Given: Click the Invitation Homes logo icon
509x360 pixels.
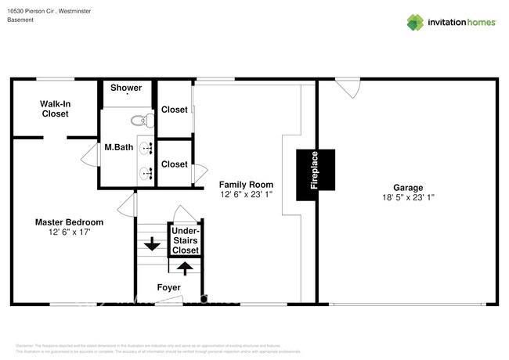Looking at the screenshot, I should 415,22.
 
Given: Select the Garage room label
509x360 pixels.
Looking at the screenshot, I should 408,188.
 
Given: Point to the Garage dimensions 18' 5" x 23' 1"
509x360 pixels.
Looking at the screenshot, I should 408,198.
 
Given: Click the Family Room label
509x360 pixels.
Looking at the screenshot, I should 246,185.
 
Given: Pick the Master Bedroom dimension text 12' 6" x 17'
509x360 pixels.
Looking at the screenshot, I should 69,232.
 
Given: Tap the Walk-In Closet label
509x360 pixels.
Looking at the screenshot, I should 55,109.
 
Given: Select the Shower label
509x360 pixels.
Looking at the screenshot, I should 126,88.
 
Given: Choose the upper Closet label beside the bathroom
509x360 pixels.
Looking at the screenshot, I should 174,110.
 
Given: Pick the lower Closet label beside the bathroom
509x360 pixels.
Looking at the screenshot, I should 174,164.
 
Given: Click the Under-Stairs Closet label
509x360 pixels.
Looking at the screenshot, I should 186,240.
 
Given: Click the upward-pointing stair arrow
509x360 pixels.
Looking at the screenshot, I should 186,268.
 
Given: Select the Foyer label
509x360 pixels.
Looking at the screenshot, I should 169,288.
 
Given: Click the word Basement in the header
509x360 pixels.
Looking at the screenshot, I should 20,20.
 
